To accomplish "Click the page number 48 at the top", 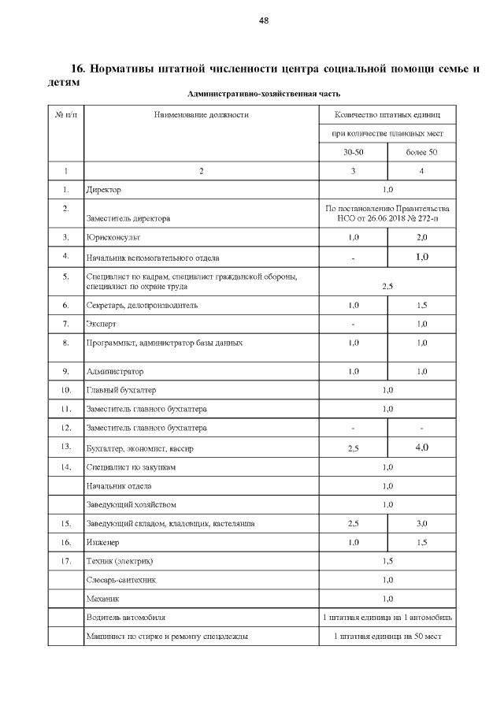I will point(264,21).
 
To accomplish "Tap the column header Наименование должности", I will point(202,115).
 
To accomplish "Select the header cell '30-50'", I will point(353,152).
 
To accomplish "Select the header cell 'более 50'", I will point(421,152).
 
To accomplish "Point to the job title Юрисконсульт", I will point(111,236).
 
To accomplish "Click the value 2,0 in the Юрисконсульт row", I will point(421,236).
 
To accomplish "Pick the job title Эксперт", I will point(101,324).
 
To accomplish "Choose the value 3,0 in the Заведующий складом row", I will point(421,523).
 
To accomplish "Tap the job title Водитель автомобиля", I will point(125,618).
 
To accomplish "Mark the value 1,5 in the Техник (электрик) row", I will point(387,561).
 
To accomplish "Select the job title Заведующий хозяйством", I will point(131,504).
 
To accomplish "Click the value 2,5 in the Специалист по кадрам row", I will point(387,286).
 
